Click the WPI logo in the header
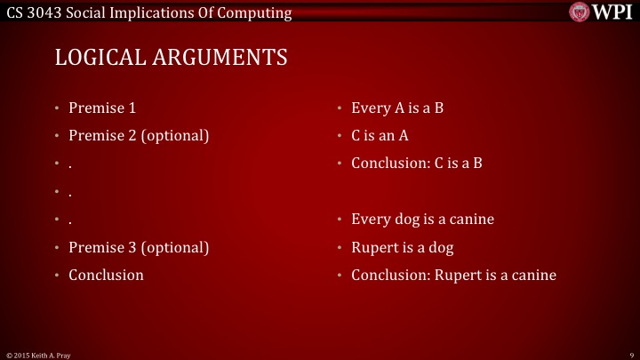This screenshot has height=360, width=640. (x=603, y=12)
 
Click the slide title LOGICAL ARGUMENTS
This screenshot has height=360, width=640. (x=172, y=57)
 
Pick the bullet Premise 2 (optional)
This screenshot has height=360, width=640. (x=139, y=136)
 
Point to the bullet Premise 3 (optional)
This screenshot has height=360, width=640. (x=139, y=247)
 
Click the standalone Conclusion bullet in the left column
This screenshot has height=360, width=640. (x=106, y=275)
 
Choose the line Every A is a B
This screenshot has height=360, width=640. (x=397, y=108)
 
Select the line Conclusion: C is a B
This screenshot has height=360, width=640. (x=416, y=164)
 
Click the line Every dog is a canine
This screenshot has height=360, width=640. (x=422, y=220)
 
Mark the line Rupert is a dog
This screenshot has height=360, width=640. (x=403, y=247)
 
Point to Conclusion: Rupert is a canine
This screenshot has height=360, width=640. (x=453, y=275)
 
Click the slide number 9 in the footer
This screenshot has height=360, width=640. (x=629, y=354)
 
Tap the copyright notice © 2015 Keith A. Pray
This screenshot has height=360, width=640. (x=40, y=354)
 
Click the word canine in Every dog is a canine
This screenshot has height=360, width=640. (x=473, y=220)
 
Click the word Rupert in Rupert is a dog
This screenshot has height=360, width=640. (x=374, y=247)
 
